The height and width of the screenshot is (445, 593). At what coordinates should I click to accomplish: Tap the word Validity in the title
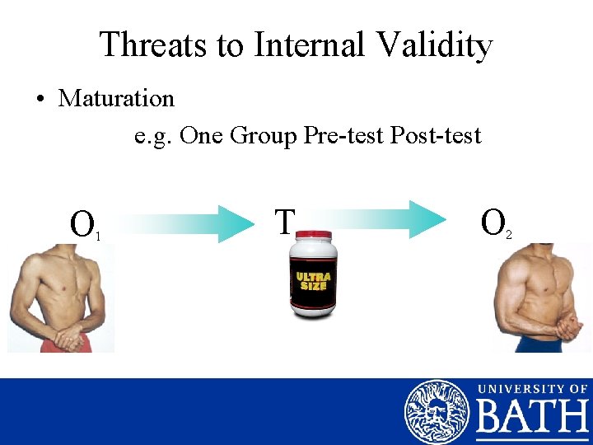coord(435,44)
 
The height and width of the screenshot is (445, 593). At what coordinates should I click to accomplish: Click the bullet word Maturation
coord(116,98)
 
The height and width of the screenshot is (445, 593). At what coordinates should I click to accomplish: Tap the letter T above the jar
coord(285,222)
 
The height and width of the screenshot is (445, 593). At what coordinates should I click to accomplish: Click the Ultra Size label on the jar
coord(313,280)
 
